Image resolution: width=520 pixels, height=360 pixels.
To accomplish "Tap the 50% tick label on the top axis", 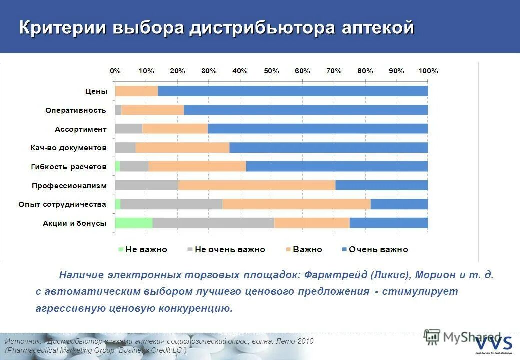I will pyautogui.click(x=271, y=71).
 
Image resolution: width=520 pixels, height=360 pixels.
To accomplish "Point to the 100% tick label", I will pyautogui.click(x=428, y=71).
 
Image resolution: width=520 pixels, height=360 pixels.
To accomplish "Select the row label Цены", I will pyautogui.click(x=96, y=91).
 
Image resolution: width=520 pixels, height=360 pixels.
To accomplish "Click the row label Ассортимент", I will pyautogui.click(x=81, y=129).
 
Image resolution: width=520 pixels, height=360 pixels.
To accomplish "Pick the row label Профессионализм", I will pyautogui.click(x=69, y=186).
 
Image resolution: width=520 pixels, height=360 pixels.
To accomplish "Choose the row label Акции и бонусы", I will pyautogui.click(x=74, y=223).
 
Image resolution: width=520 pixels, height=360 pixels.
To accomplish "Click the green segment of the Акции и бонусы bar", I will pyautogui.click(x=134, y=223).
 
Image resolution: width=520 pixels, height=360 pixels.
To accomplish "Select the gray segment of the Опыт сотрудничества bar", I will pyautogui.click(x=171, y=204).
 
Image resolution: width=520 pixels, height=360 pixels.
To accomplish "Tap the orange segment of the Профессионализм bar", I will pyautogui.click(x=256, y=185).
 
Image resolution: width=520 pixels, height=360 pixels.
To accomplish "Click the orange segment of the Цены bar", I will pyautogui.click(x=136, y=91).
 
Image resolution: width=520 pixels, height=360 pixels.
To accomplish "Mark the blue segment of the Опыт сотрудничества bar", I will pyautogui.click(x=399, y=204).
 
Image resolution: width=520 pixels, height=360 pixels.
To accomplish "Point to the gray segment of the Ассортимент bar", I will pyautogui.click(x=128, y=129).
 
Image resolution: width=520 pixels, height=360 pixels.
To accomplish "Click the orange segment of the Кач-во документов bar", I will pyautogui.click(x=182, y=148).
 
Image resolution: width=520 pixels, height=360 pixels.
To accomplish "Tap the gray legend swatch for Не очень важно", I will pyautogui.click(x=190, y=249).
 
